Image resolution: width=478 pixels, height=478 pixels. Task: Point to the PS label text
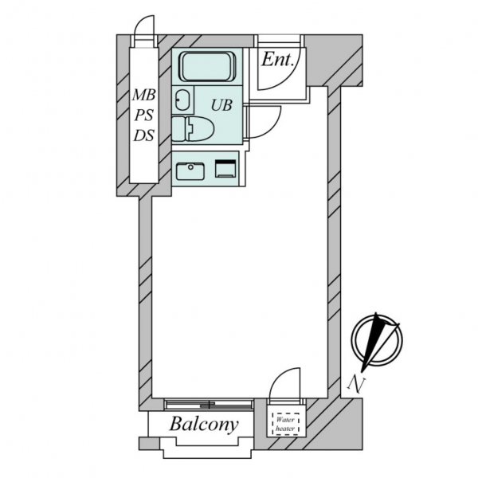coord(143,116)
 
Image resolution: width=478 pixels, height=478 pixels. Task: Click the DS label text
coord(143,135)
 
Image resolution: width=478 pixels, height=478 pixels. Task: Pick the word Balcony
coord(203,424)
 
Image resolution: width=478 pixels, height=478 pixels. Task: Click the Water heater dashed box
coord(285,424)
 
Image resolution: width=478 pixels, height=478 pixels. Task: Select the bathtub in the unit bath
coord(206,66)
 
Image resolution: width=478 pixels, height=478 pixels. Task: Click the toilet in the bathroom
coord(194,127)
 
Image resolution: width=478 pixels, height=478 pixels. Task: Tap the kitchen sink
coord(190,170)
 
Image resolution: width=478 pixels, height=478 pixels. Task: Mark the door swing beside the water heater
coord(285,386)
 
